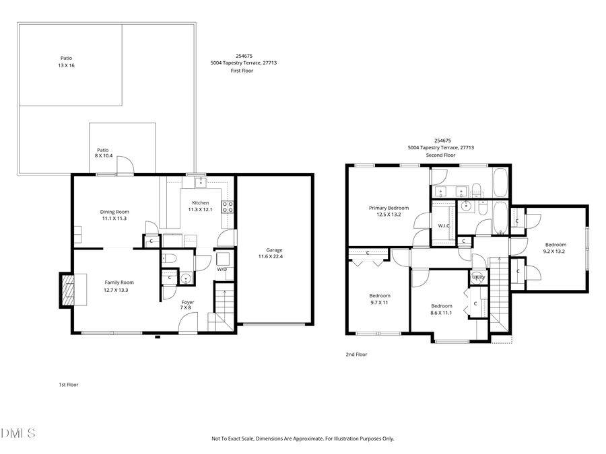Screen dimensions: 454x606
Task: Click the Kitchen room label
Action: (x=200, y=202)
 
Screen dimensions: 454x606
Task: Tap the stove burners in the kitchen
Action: (x=228, y=206)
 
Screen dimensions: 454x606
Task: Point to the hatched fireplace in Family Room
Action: (x=67, y=290)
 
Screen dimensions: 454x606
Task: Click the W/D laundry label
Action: (x=222, y=269)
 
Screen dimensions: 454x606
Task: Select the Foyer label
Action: (x=188, y=302)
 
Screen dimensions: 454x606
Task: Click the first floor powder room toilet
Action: (x=170, y=258)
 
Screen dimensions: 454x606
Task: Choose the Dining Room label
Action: (x=115, y=212)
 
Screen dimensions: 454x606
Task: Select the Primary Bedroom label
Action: (x=389, y=208)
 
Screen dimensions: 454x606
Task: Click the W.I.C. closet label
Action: (x=444, y=225)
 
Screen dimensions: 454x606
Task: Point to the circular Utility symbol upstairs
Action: (x=478, y=276)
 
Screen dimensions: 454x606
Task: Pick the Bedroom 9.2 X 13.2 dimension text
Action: (x=555, y=252)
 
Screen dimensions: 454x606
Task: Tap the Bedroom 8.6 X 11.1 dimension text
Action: (x=442, y=313)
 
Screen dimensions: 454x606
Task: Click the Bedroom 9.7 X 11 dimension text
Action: (x=380, y=303)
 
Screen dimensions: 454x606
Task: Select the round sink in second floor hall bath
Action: (x=465, y=206)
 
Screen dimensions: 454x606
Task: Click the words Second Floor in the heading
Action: (x=440, y=155)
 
